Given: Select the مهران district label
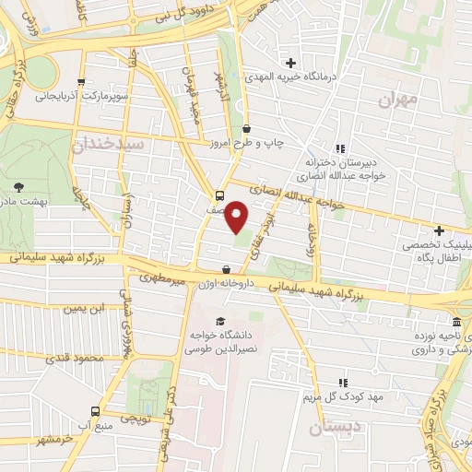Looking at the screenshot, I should [398, 98].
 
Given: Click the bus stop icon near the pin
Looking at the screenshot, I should [219, 195].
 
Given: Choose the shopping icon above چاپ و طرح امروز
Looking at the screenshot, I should [246, 130].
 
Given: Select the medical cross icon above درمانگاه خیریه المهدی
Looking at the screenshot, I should [292, 63].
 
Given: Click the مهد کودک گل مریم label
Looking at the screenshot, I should [342, 397].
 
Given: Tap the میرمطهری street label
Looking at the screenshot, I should [162, 277].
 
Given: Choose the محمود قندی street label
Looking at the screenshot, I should [84, 358].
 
